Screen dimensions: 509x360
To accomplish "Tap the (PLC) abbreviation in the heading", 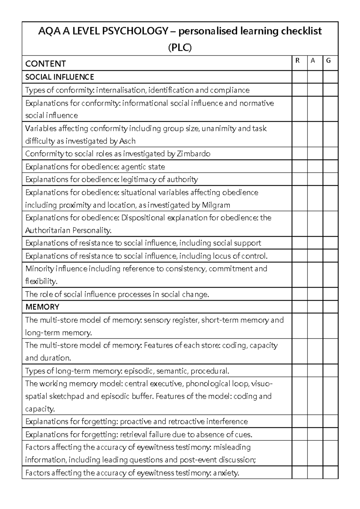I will tap(180, 48).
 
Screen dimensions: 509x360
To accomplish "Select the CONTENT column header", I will tap(45, 64).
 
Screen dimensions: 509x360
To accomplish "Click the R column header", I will tap(298, 61).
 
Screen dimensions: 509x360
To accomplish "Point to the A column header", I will tap(313, 61).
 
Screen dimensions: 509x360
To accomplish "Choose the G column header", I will tap(328, 61).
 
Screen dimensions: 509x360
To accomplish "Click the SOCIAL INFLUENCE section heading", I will tap(59, 77).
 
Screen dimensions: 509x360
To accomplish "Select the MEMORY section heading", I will tap(42, 307).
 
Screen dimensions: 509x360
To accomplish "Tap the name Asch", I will tap(127, 141).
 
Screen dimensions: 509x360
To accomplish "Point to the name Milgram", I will tap(216, 205).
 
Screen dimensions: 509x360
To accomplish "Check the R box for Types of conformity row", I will tap(299, 90).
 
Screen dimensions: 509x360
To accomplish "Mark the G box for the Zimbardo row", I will tap(330, 153).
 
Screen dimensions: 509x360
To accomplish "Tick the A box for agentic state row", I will tap(315, 166).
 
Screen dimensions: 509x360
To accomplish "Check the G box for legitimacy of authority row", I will tap(330, 179).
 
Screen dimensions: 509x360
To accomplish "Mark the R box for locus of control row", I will tap(299, 256).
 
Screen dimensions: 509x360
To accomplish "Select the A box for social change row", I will tap(315, 294).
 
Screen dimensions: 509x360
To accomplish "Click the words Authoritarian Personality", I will tap(68, 230).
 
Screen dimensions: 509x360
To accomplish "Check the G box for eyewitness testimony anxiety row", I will tap(330, 473).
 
